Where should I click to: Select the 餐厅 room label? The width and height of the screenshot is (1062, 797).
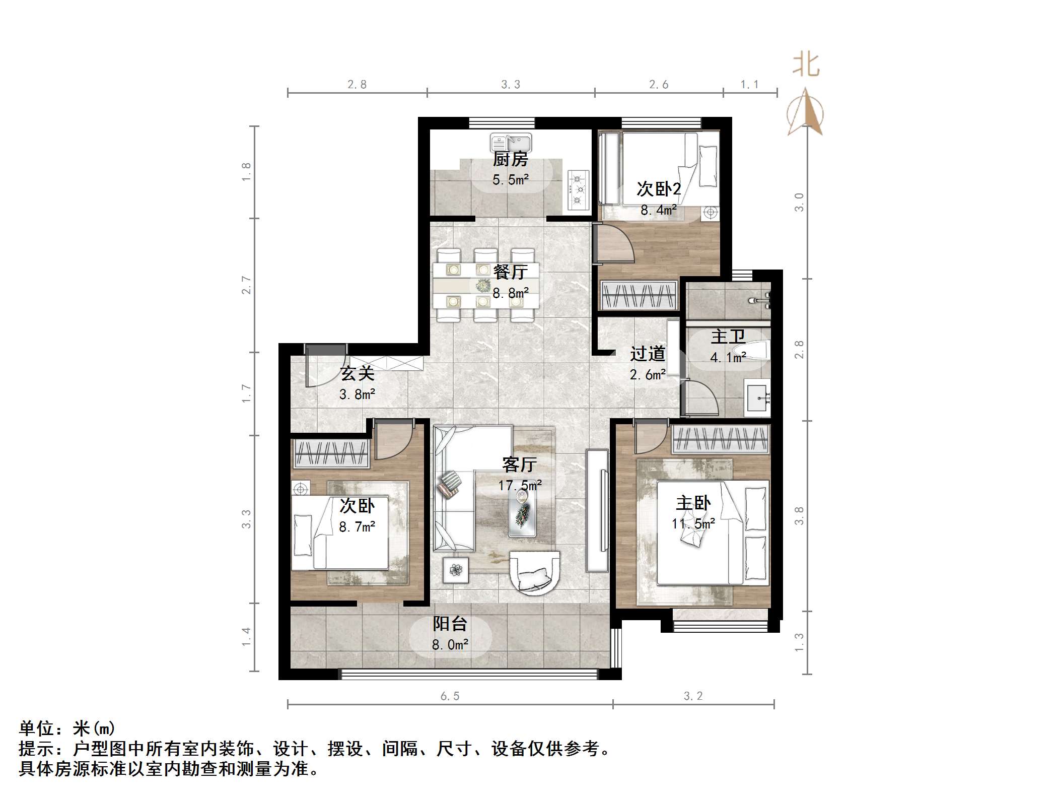pyautogui.click(x=510, y=272)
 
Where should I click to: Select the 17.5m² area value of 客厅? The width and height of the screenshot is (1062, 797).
pyautogui.click(x=520, y=485)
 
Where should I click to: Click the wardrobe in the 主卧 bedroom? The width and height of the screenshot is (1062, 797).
pyautogui.click(x=720, y=439)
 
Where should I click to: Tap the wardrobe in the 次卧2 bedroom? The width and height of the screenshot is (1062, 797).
pyautogui.click(x=639, y=295)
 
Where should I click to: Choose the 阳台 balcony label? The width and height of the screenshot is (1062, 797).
pyautogui.click(x=450, y=624)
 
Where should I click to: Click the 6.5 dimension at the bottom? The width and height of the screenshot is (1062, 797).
pyautogui.click(x=450, y=696)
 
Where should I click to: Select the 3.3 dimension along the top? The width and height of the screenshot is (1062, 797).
pyautogui.click(x=510, y=85)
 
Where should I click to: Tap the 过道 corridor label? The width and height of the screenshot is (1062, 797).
pyautogui.click(x=647, y=354)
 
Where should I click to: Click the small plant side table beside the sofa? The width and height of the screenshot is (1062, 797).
pyautogui.click(x=456, y=570)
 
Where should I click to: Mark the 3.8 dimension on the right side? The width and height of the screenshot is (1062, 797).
pyautogui.click(x=799, y=516)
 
